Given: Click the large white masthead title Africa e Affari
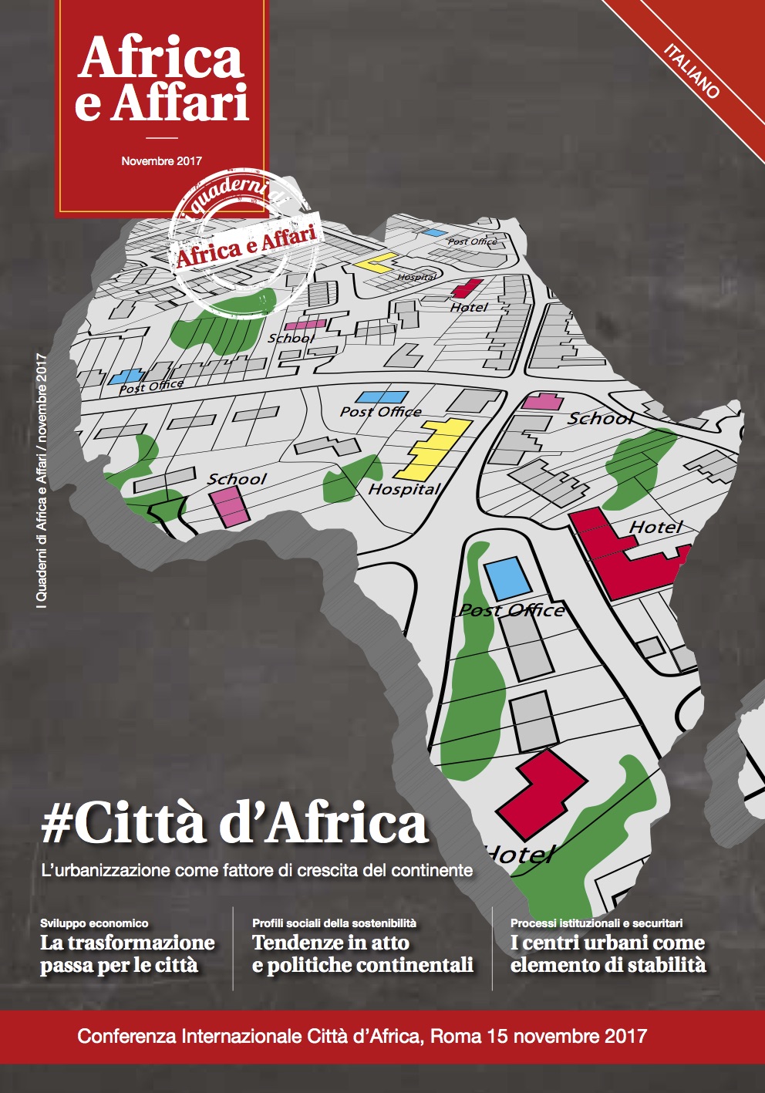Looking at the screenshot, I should coord(161,80).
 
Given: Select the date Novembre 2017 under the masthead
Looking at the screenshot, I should coord(161,161).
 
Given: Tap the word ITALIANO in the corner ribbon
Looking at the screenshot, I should coord(692,72).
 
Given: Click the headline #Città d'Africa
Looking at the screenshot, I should coord(234,824).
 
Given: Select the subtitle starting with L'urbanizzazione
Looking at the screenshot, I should coord(256,870).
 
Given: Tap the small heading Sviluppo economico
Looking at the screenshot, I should coord(94,923).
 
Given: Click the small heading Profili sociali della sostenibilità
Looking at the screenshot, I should coord(334,923).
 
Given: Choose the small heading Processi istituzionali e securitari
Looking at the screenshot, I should coord(596,923).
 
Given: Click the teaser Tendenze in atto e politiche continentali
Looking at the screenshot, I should coord(362,954).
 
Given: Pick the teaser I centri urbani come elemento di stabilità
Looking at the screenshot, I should coord(608,954).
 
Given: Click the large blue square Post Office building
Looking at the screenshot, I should coord(507,578).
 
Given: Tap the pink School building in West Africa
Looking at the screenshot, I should coord(227,506).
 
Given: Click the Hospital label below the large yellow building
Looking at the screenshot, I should coord(403,489).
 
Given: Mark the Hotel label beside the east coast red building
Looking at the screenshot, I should coord(655,527).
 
